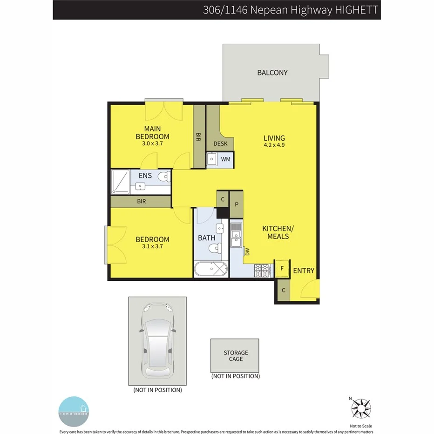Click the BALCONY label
[272, 73]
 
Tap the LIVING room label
[274, 138]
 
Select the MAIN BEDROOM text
[152, 133]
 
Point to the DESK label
[220, 143]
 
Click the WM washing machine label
[226, 159]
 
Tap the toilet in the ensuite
[163, 177]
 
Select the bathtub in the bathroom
[210, 269]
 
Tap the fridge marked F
[281, 269]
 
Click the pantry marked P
[237, 204]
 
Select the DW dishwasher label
[247, 251]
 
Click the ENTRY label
[304, 271]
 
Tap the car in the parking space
[157, 341]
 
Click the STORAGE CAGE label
[236, 356]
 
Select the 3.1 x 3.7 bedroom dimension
[152, 246]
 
